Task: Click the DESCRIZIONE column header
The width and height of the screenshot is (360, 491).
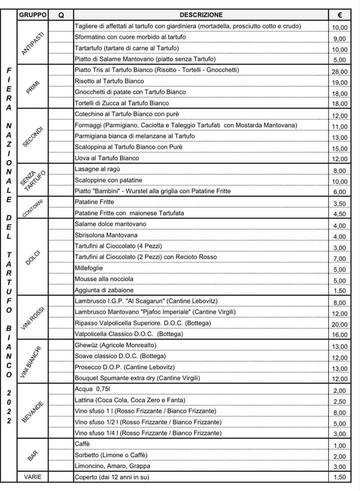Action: pos(200,15)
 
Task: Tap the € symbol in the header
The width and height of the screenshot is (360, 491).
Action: pos(339,15)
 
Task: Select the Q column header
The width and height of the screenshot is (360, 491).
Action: pos(61,15)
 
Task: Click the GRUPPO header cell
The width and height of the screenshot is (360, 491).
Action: pos(33,15)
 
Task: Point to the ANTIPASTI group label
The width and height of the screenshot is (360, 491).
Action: pos(33,42)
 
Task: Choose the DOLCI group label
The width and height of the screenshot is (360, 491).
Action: pos(33,257)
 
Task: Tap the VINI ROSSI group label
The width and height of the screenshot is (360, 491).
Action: pos(33,317)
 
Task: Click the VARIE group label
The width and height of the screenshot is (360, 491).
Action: pos(33,477)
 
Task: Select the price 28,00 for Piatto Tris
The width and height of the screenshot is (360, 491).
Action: pos(339,71)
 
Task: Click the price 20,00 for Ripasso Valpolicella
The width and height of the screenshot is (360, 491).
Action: pos(339,324)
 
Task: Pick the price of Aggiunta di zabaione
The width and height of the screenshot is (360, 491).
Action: pos(339,291)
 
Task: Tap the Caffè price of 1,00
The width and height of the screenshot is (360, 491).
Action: pos(339,445)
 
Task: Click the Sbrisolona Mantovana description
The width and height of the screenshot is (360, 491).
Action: pos(106,235)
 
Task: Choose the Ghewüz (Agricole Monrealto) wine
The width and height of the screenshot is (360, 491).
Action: pos(115,345)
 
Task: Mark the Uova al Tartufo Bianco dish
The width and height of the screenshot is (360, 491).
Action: pos(106,158)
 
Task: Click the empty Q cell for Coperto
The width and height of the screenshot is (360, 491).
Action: pos(61,477)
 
